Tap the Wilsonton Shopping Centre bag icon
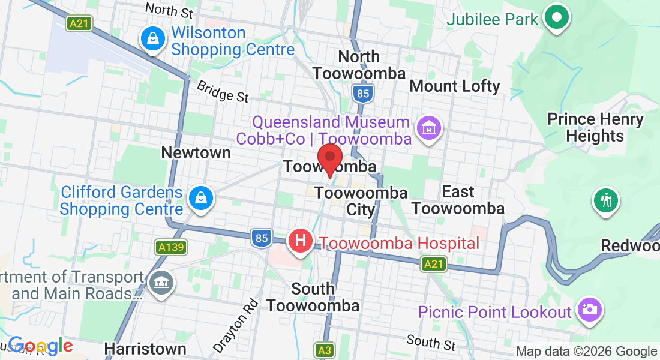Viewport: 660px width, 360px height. point(153,40)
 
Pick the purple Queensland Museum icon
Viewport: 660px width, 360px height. point(430,128)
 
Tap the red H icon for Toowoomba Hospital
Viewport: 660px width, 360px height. point(301,241)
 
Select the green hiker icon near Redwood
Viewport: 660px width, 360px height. point(607,200)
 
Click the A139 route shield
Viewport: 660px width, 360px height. point(171,247)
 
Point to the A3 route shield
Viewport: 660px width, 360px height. point(325,349)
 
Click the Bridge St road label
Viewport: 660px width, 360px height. point(222,91)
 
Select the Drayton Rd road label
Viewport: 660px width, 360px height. point(235,325)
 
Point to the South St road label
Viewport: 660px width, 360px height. point(431,343)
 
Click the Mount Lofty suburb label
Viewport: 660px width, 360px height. point(454,86)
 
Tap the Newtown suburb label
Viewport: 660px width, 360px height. point(196,153)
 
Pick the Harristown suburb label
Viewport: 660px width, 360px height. point(145,349)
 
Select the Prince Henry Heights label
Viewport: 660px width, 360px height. point(595,127)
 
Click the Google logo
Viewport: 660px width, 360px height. point(40,346)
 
